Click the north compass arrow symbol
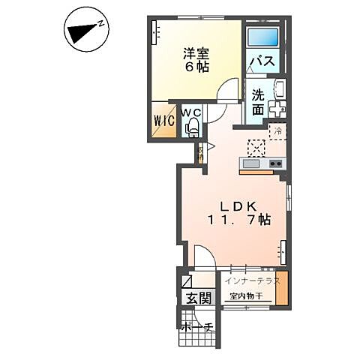[x=85, y=31]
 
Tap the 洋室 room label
[x=197, y=53]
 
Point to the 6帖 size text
[x=197, y=67]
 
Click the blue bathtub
[x=262, y=36]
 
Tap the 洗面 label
[x=257, y=102]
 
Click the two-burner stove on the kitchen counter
[x=274, y=163]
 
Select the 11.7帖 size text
[x=238, y=220]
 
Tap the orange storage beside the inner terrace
[x=281, y=289]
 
